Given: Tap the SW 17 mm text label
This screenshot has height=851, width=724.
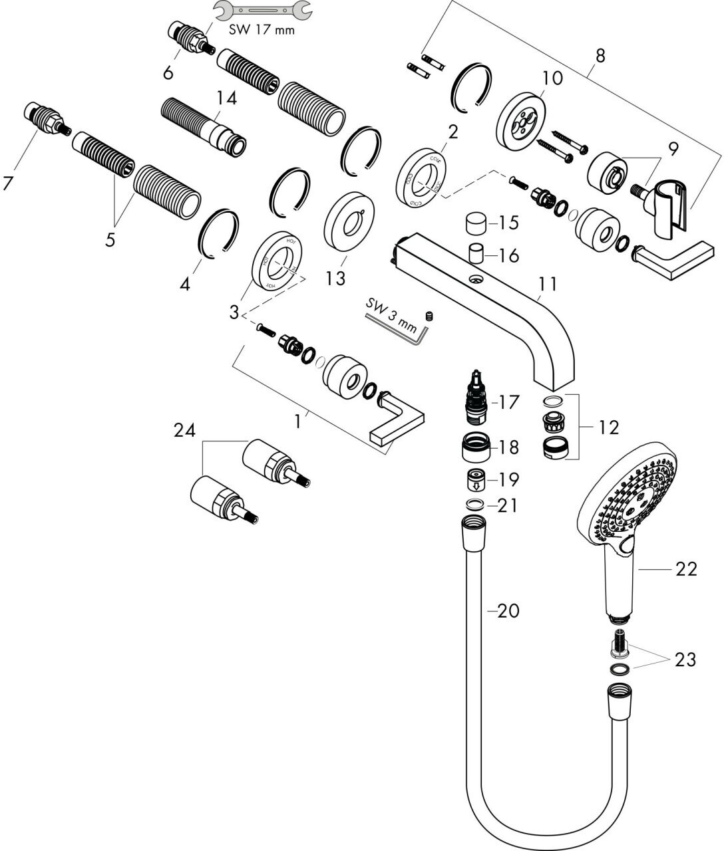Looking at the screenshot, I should click(262, 30).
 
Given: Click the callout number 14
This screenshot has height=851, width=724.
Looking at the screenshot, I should click(226, 98).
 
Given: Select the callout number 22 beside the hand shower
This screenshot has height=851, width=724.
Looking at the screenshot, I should click(686, 568).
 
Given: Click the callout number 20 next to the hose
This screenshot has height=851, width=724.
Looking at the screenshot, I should click(508, 610).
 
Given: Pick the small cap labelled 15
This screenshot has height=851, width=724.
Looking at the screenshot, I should click(476, 224).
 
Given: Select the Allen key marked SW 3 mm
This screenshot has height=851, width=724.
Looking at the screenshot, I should click(399, 326).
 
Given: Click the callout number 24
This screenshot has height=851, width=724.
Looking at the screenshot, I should click(184, 431).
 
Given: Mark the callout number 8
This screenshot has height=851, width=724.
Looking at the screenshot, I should click(600, 55).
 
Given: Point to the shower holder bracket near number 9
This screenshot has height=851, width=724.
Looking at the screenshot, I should click(672, 207).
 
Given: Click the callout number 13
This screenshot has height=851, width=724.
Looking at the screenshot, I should click(335, 277).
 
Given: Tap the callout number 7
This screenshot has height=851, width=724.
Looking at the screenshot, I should click(8, 183).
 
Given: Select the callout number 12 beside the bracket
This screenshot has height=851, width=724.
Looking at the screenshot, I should click(608, 426).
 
